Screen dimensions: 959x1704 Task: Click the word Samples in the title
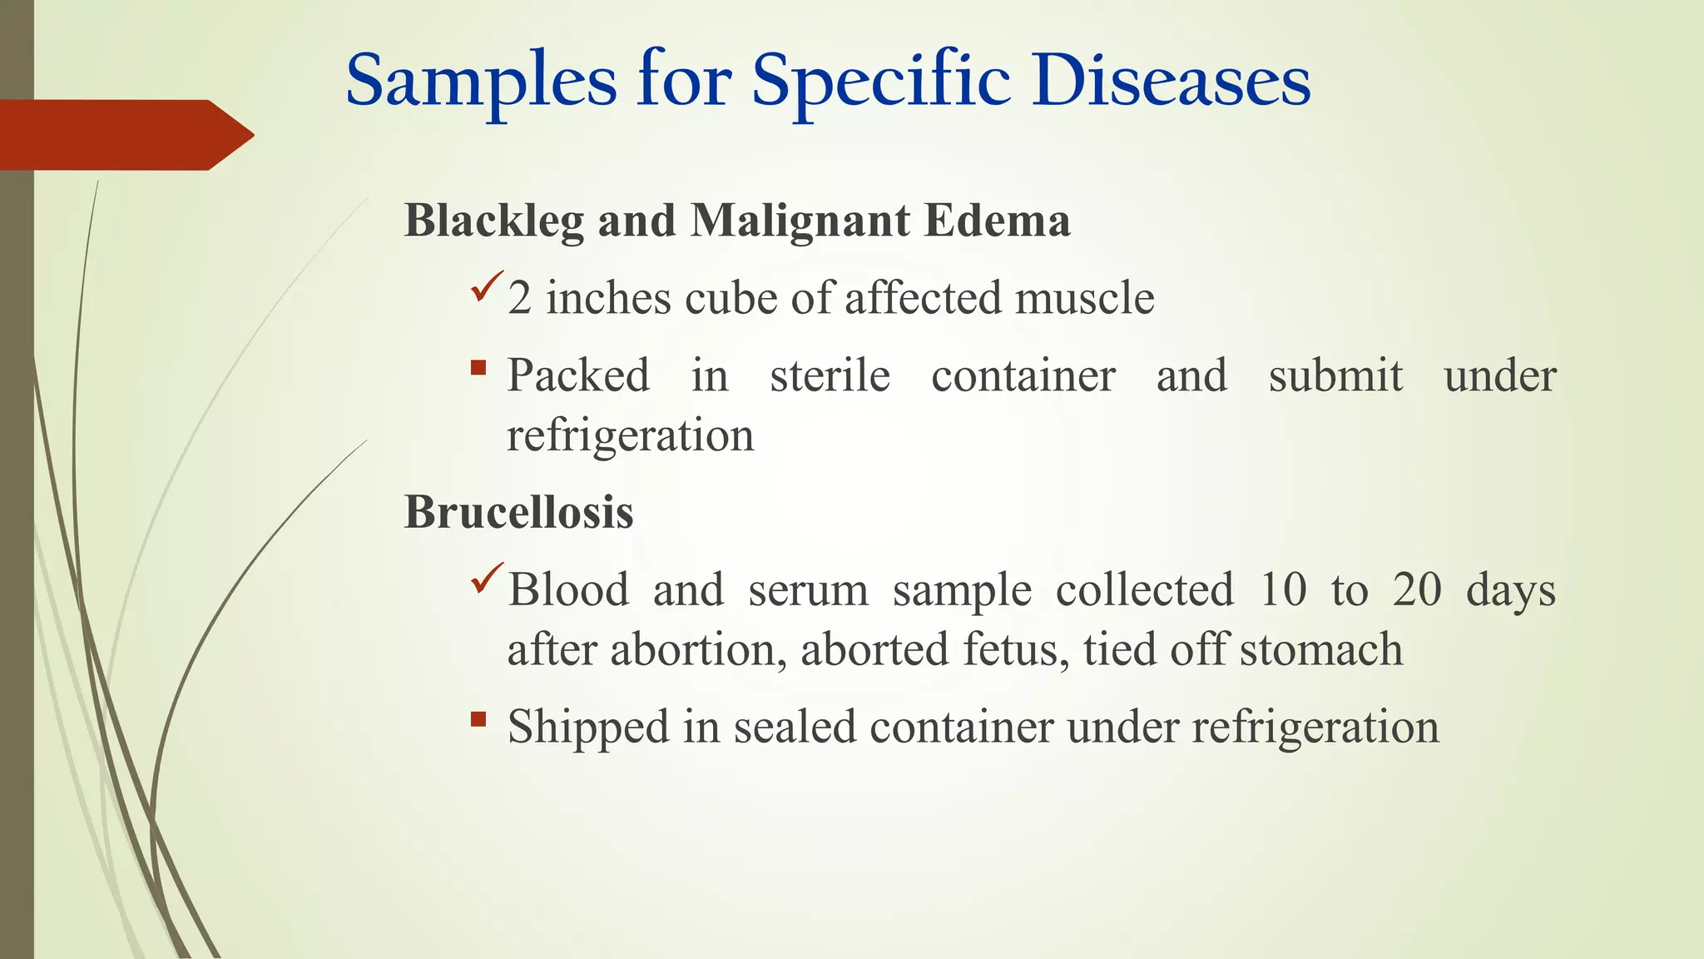point(481,82)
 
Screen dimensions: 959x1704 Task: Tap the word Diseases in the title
point(1171,82)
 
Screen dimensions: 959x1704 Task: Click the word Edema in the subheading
point(996,221)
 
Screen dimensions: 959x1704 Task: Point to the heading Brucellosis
point(518,512)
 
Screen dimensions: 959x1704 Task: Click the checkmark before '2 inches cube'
point(487,286)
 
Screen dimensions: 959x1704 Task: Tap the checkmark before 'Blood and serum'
point(487,578)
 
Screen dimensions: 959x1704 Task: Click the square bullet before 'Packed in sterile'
point(478,367)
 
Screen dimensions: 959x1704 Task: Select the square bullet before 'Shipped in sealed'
point(478,718)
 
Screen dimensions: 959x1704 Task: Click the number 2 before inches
point(519,299)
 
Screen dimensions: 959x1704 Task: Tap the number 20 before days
point(1417,590)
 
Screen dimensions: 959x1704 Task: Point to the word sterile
point(830,376)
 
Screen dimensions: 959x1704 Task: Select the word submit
point(1335,376)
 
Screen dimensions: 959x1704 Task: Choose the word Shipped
point(588,728)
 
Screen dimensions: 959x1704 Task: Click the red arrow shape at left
point(125,135)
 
